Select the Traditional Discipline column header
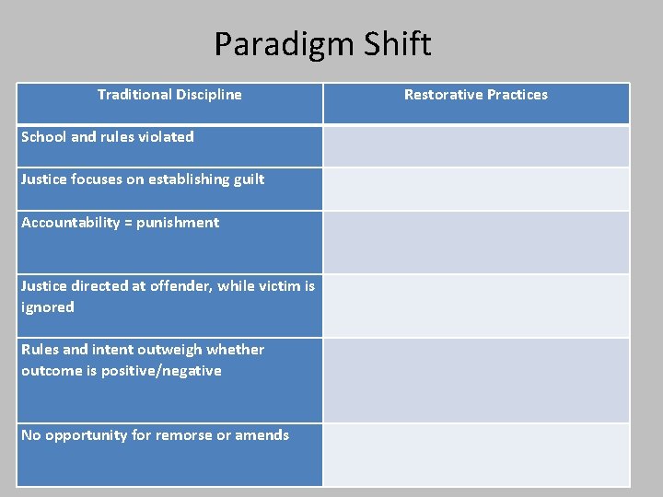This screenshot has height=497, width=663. tap(169, 94)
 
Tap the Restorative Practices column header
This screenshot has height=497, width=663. tap(475, 94)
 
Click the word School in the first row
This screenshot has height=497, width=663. tap(44, 136)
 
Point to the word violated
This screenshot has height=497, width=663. tap(166, 136)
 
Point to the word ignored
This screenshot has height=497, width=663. tap(47, 307)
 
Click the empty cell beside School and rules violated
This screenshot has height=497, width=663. tap(475, 145)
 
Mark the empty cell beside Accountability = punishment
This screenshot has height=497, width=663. tap(475, 242)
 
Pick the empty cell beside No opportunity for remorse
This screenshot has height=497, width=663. tap(475, 455)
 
